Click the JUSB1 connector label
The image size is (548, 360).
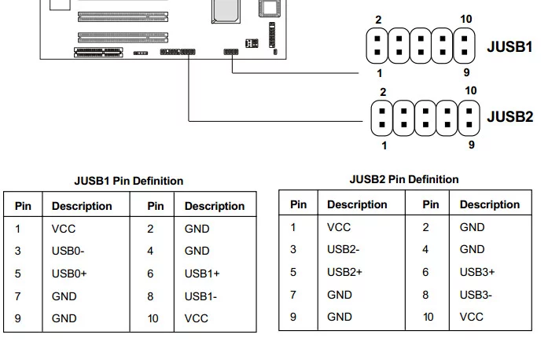[x=509, y=46]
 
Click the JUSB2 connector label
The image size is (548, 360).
[x=509, y=117]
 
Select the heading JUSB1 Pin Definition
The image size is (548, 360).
[x=129, y=181]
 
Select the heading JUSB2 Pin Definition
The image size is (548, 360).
[x=404, y=179]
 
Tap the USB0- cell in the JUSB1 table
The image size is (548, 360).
[x=68, y=251]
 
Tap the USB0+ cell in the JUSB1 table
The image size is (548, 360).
[x=69, y=274]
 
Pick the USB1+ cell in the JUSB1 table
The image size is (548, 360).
[x=202, y=274]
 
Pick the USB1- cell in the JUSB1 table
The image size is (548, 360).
[x=201, y=296]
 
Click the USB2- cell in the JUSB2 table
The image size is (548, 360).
[x=344, y=249]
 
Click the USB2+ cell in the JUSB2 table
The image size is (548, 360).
[x=344, y=272]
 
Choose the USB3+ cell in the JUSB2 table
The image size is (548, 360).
[x=477, y=272]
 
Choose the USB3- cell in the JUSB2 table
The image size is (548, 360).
[x=476, y=295]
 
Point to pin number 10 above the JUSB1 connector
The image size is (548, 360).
[x=466, y=19]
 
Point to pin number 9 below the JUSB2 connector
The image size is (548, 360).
[x=472, y=145]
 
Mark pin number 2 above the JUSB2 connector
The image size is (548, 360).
[x=384, y=92]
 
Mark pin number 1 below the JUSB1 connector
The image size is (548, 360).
[x=379, y=73]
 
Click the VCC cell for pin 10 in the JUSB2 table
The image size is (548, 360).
[x=473, y=317]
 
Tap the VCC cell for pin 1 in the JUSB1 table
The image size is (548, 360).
[x=64, y=229]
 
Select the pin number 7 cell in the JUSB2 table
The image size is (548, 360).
[x=293, y=295]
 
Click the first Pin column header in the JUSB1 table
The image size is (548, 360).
[x=24, y=206]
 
